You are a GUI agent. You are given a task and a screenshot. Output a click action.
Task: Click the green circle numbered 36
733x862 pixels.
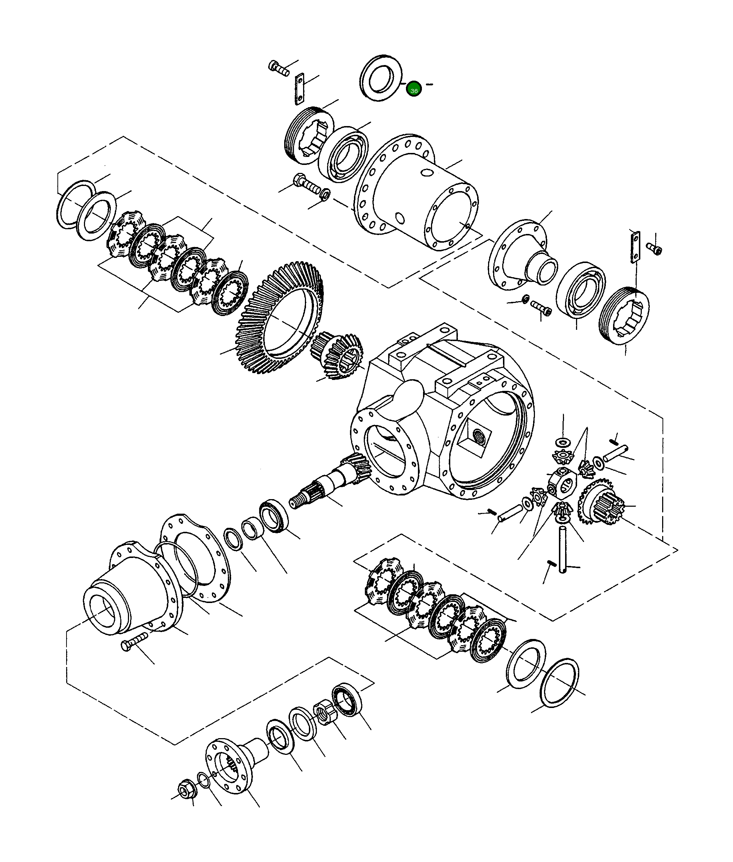(x=414, y=89)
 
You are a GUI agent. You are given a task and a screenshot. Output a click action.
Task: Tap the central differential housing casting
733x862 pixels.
(x=440, y=416)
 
